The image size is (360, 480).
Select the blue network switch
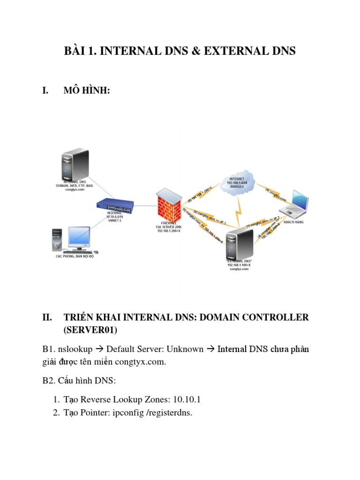pos(115,205)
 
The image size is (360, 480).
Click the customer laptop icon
pos(294,202)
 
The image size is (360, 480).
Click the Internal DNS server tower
pos(73,164)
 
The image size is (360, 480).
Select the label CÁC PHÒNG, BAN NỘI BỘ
pos(75,257)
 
